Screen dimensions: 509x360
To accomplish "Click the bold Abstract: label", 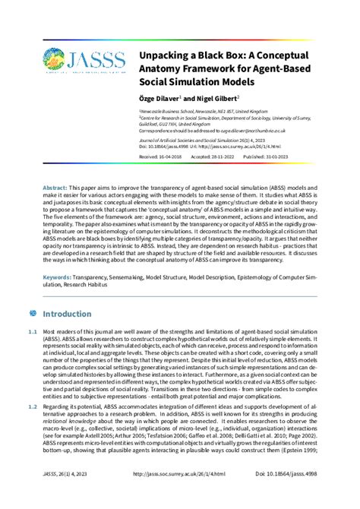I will click(55, 187).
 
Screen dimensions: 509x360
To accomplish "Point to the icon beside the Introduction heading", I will click(31, 313).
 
